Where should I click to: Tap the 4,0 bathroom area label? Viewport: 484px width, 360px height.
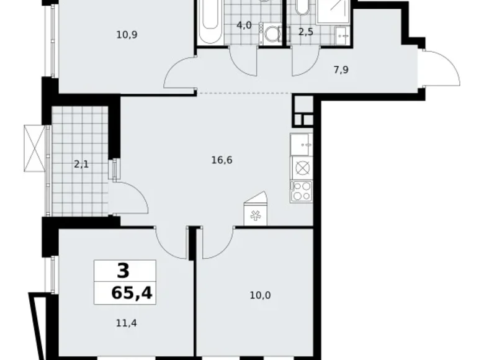click(243, 25)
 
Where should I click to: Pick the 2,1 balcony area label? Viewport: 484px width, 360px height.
click(81, 164)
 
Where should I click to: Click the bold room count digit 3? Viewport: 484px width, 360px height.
click(123, 271)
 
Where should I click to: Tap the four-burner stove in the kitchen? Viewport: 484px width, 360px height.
click(301, 191)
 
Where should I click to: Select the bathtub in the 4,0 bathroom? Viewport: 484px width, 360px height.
click(208, 22)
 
